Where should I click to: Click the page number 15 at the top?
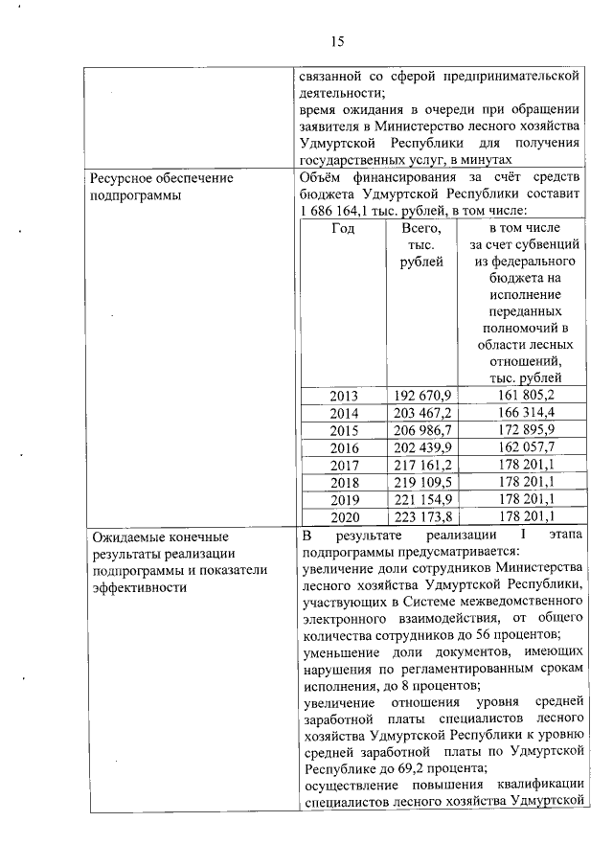point(337,41)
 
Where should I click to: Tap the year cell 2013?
point(343,396)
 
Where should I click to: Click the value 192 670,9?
point(423,396)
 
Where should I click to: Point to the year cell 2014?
point(343,413)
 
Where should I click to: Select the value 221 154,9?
point(423,499)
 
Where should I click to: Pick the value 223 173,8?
point(423,516)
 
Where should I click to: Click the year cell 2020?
point(343,516)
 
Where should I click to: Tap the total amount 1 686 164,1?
point(340,210)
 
